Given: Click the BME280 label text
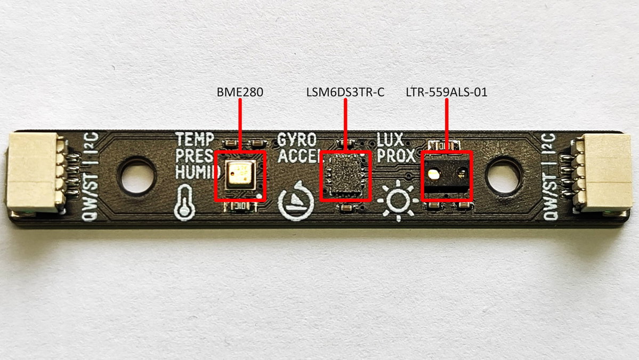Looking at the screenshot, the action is point(240,92).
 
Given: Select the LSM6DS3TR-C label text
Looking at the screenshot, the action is point(345,92).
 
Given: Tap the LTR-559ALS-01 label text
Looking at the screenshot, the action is point(447,92).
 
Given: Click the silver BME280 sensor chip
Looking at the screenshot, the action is point(241,175).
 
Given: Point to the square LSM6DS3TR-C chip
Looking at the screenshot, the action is point(345,175).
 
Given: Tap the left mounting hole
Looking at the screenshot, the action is point(136,176).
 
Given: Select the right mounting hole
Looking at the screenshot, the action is point(504,176).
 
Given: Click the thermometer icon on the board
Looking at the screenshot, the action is point(184,202).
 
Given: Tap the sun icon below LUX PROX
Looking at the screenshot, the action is point(398,201).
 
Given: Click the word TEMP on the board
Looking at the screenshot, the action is point(195,139).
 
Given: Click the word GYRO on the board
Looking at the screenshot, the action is point(297,140).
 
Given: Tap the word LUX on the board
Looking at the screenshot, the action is point(390,140).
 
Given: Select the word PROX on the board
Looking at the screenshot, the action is point(396,156).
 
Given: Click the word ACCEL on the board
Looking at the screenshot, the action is point(299,156).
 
